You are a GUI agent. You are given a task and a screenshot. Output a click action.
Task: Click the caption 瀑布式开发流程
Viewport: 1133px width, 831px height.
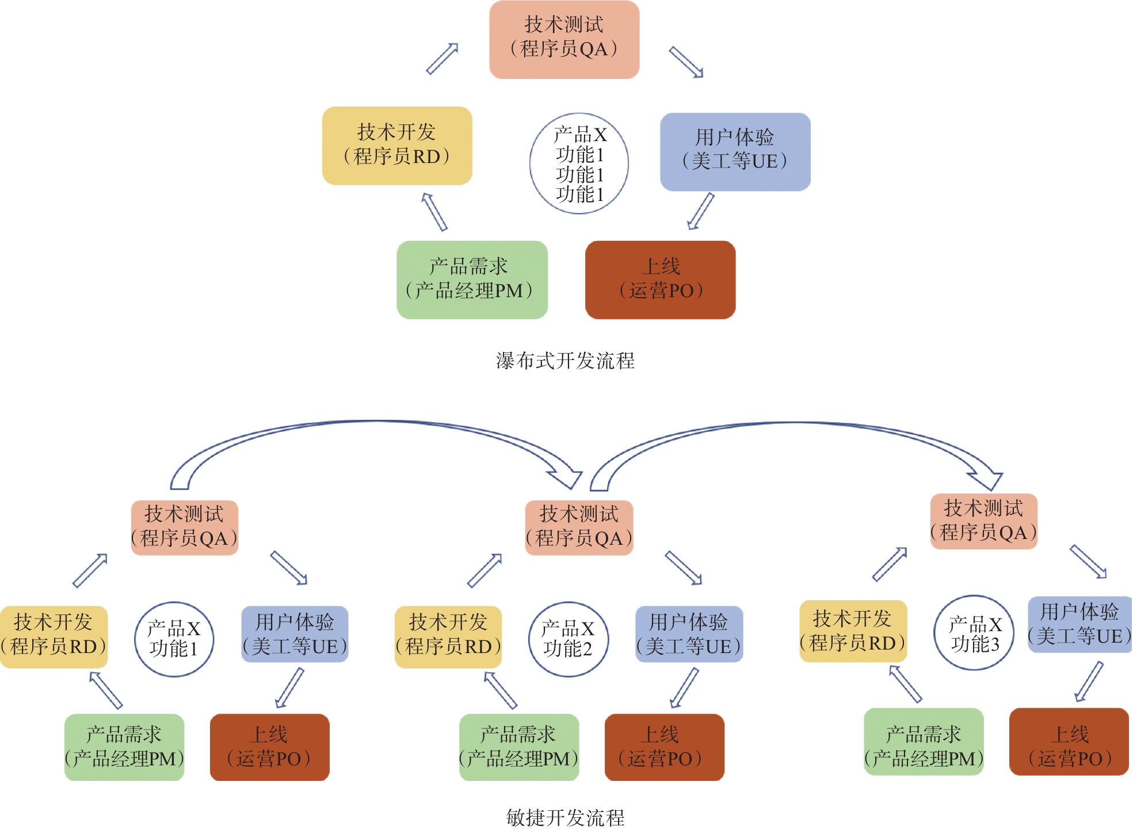pyautogui.click(x=565, y=361)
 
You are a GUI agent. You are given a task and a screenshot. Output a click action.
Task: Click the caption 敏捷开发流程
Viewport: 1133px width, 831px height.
pyautogui.click(x=565, y=817)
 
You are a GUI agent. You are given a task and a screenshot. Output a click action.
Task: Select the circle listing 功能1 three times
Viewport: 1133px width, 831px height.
pyautogui.click(x=579, y=164)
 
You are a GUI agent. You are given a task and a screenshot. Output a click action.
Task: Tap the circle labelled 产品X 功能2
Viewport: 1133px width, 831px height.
pyautogui.click(x=568, y=639)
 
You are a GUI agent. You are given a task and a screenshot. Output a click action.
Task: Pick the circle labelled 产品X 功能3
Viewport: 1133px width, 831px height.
pyautogui.click(x=974, y=633)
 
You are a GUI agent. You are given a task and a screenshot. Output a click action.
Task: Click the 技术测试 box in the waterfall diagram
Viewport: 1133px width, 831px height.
pyautogui.click(x=564, y=39)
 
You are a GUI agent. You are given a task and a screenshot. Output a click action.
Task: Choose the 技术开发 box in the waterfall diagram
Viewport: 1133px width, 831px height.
pyautogui.click(x=397, y=145)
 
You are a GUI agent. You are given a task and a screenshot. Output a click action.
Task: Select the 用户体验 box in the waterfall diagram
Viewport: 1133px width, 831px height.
pyautogui.click(x=735, y=151)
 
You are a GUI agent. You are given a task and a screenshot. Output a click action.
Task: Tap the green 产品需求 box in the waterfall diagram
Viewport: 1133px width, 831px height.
pyautogui.click(x=472, y=280)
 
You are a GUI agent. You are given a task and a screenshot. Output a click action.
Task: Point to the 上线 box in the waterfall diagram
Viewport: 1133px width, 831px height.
pyautogui.click(x=660, y=280)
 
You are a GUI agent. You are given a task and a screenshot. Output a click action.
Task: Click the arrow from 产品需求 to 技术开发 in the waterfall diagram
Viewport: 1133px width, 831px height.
pyautogui.click(x=434, y=212)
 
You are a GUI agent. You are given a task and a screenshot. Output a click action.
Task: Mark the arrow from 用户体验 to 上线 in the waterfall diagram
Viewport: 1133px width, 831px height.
pyautogui.click(x=701, y=211)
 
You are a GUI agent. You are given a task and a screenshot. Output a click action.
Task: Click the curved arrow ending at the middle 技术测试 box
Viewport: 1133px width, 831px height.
pyautogui.click(x=374, y=423)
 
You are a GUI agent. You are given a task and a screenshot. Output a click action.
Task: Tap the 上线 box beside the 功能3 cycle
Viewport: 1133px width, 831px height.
pyautogui.click(x=1069, y=742)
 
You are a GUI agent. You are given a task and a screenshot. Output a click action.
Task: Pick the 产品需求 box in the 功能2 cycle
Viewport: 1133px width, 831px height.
pyautogui.click(x=518, y=747)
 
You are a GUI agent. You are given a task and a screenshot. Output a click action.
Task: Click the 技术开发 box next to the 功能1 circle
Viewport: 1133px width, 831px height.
pyautogui.click(x=54, y=637)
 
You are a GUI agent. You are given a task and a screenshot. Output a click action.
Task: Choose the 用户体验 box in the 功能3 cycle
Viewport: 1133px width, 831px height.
pyautogui.click(x=1079, y=625)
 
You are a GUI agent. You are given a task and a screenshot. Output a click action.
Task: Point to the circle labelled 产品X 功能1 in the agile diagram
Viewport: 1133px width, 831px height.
pyautogui.click(x=174, y=639)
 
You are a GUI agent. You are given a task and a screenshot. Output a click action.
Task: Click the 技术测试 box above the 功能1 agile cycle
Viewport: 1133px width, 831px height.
pyautogui.click(x=184, y=528)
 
